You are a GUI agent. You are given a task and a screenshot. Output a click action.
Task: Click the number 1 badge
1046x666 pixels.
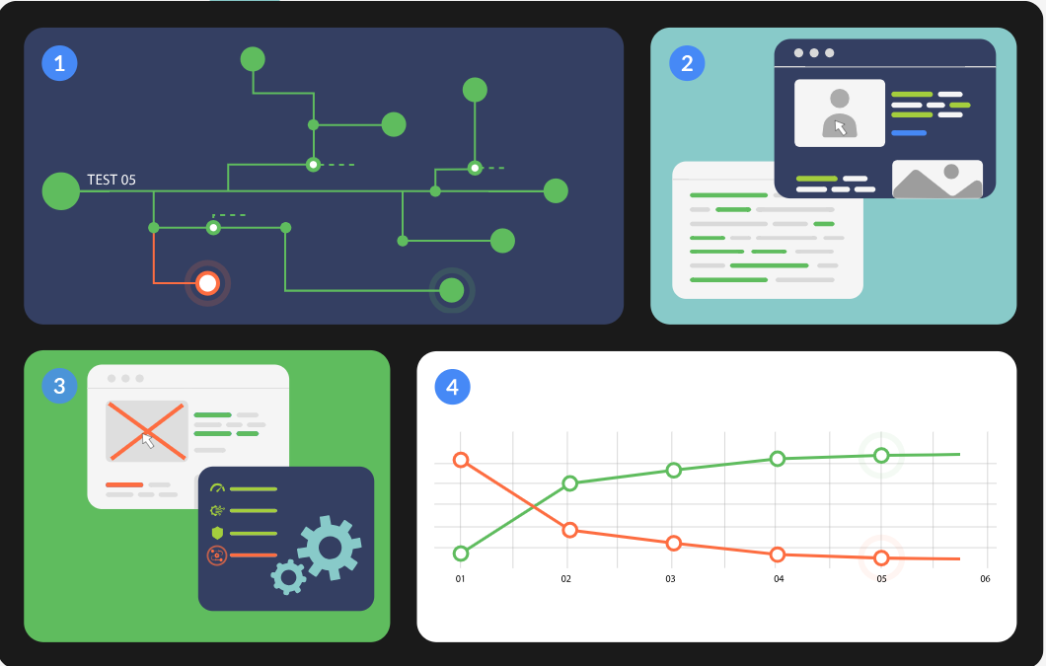[x=59, y=64]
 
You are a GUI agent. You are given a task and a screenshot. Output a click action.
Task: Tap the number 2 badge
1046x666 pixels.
[x=687, y=64]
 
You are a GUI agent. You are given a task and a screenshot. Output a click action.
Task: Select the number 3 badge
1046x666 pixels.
[x=59, y=386]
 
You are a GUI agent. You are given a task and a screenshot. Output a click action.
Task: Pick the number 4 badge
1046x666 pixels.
[x=453, y=388]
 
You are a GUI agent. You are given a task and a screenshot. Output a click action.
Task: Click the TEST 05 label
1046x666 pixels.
[x=112, y=180]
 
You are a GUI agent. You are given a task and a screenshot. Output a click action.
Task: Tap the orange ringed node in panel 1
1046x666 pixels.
[x=207, y=283]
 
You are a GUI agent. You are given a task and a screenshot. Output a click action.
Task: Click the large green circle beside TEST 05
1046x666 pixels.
[x=61, y=190]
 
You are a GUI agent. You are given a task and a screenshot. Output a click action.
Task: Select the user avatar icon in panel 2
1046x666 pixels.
[x=840, y=112]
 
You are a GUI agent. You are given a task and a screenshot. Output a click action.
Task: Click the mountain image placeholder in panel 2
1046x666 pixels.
[x=937, y=180]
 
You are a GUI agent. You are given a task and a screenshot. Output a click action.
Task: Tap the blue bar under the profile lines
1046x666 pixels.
[x=909, y=132]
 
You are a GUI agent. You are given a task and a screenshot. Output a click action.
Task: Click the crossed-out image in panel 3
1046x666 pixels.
[x=147, y=431]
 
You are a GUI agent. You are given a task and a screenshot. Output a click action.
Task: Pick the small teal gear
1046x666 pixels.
[x=288, y=575]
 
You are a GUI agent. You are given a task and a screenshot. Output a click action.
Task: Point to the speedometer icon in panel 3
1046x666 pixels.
[x=218, y=488]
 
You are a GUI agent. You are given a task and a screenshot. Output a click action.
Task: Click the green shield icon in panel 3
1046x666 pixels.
[x=218, y=533]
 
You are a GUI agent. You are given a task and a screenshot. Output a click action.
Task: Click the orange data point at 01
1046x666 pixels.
[x=460, y=460]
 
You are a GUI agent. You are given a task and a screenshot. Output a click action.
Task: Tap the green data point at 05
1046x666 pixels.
[x=881, y=456]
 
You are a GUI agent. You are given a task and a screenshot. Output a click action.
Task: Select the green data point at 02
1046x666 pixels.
[x=569, y=483]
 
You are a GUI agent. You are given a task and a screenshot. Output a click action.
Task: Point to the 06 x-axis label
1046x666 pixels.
[x=984, y=579]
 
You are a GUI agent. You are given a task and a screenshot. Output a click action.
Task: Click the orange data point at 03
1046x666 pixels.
[x=674, y=544]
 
